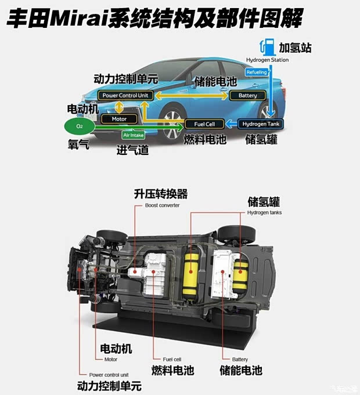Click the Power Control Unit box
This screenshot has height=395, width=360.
tap(125, 95)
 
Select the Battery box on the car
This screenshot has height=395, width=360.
tap(248, 95)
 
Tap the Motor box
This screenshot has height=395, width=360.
tap(118, 119)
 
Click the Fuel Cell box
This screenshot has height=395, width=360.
tap(204, 124)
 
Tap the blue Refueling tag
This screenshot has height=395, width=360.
tap(257, 72)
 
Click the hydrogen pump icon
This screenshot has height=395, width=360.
tap(269, 47)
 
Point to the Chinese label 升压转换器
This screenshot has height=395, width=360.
tap(161, 194)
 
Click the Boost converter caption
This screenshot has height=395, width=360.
tap(162, 205)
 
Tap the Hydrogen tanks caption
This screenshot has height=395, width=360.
tap(265, 213)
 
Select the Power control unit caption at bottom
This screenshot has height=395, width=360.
tap(109, 375)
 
